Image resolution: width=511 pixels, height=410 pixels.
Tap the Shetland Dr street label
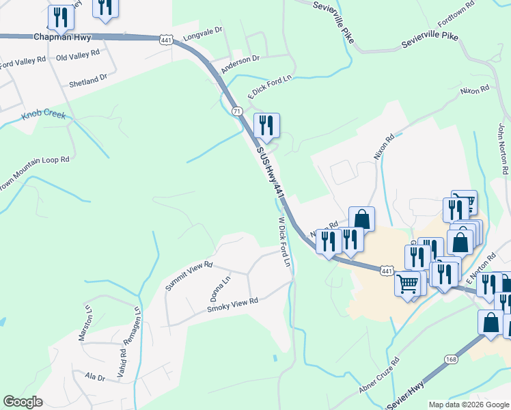tap(88, 81)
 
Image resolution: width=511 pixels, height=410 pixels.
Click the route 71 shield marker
tap(236, 111)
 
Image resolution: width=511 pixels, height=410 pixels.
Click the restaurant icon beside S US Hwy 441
tap(266, 126)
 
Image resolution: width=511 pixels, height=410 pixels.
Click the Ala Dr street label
tap(95, 377)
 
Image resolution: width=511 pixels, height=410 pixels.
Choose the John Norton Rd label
tap(503, 147)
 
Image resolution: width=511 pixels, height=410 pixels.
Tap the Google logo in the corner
tap(23, 402)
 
